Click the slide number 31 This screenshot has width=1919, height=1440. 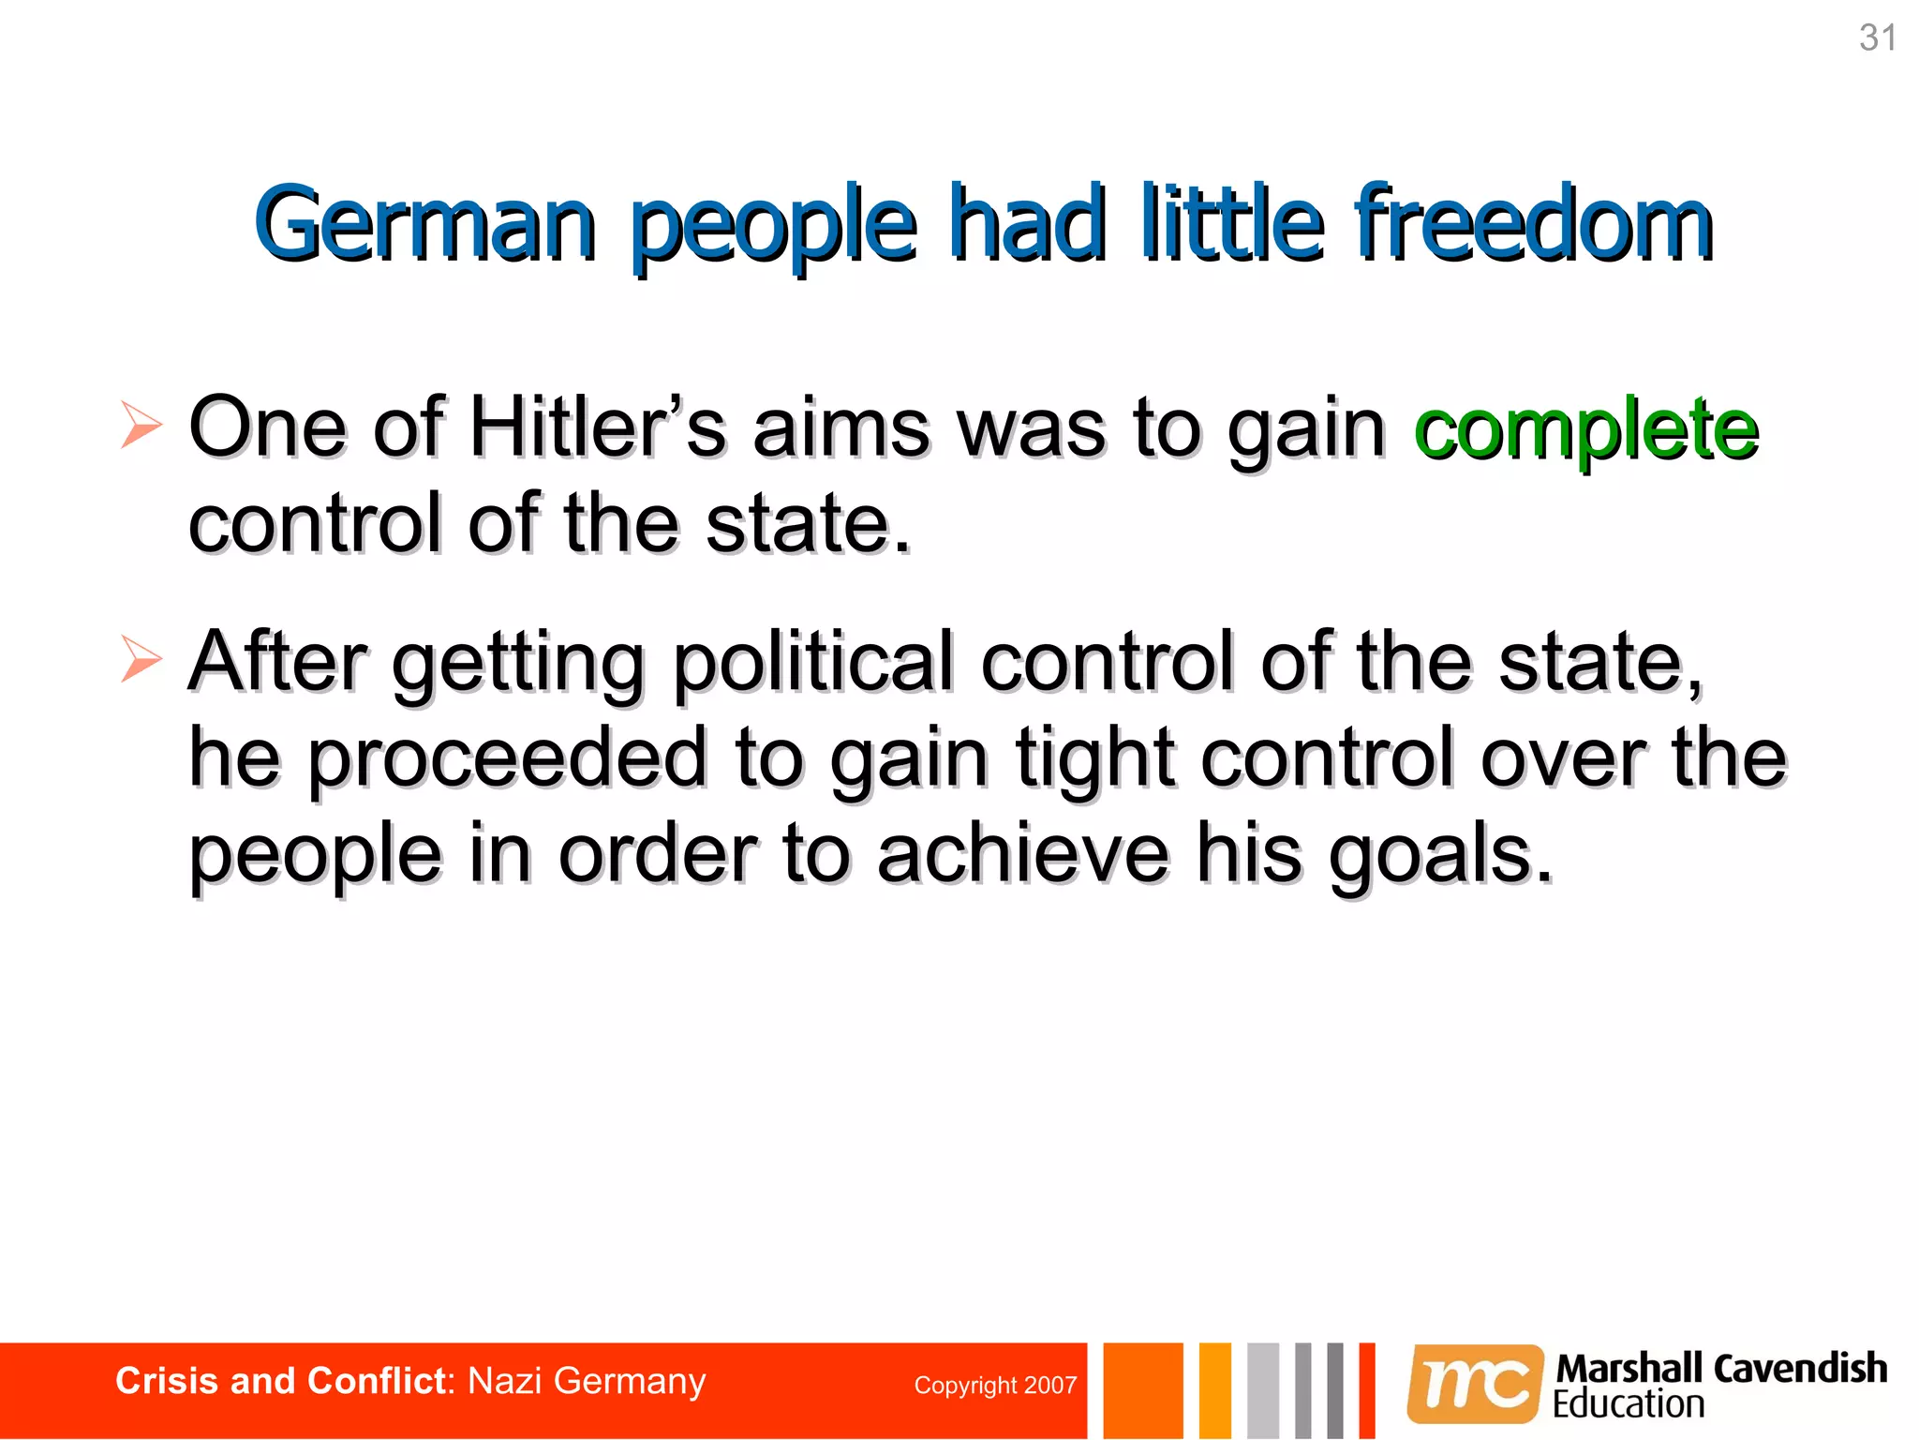coord(1878,38)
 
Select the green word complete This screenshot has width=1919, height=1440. coord(1585,430)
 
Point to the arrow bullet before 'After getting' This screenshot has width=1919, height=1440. coord(141,658)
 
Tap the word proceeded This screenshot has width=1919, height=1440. coord(507,759)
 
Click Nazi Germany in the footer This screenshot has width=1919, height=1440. coord(587,1382)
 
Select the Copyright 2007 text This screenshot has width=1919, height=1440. coord(995,1386)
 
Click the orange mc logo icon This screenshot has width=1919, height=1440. coord(1475,1384)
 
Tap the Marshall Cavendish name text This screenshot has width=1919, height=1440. coord(1721,1368)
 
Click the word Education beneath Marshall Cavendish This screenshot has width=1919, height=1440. coord(1628,1404)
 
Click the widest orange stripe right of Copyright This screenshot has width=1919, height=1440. coord(1142,1390)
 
